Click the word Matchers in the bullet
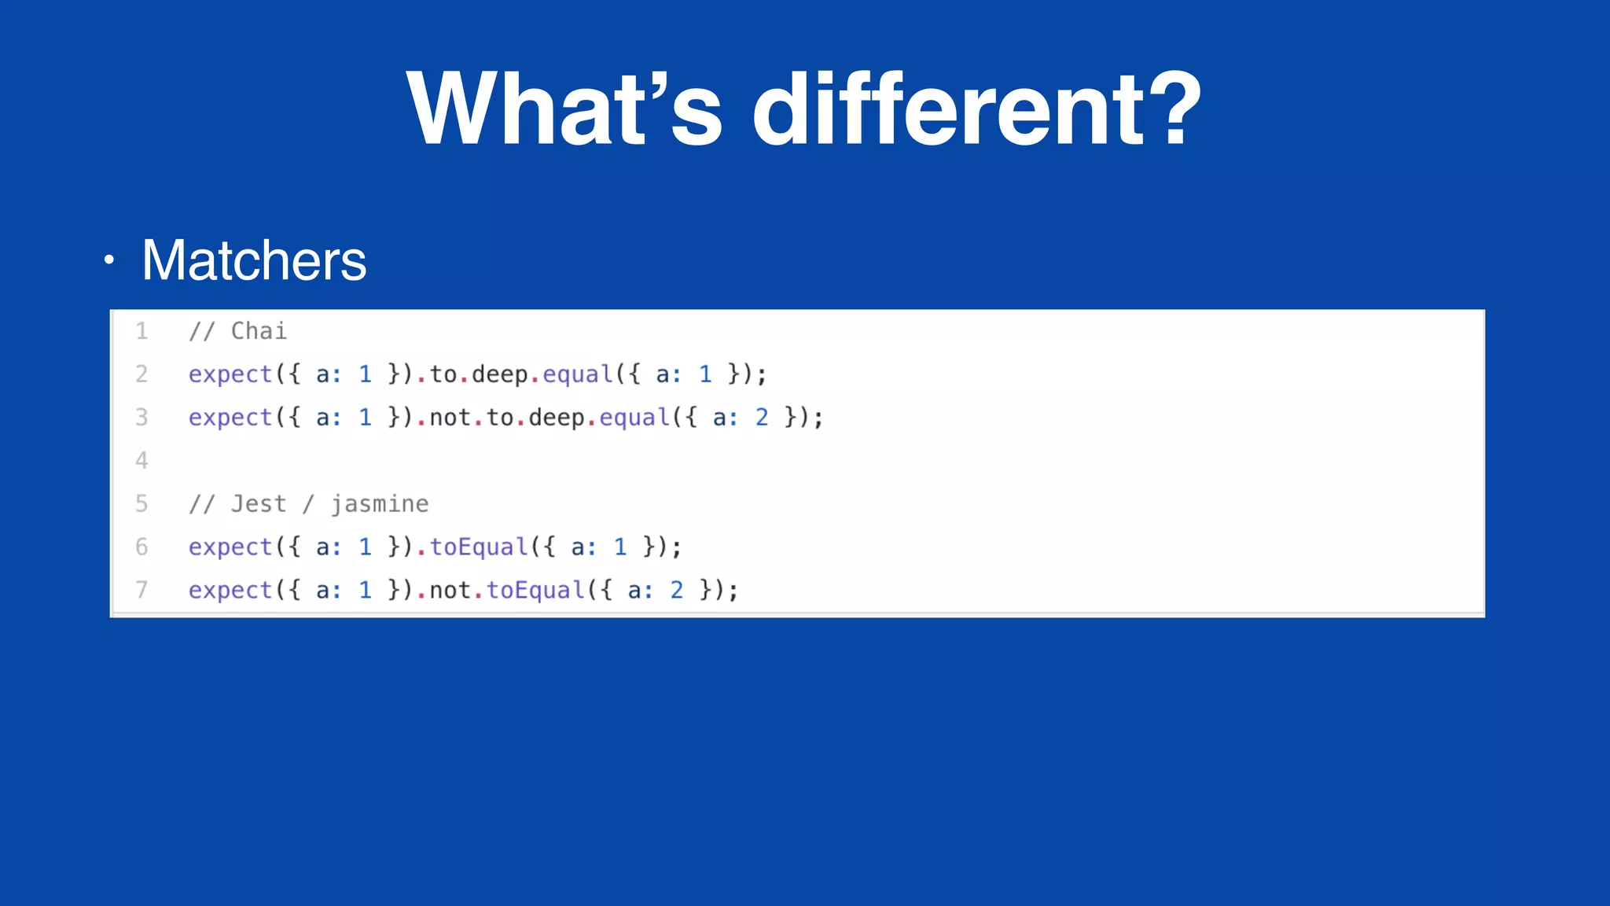click(x=254, y=260)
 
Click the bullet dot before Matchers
click(x=109, y=260)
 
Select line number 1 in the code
click(x=142, y=331)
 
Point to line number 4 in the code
click(x=142, y=460)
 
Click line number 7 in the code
click(x=142, y=590)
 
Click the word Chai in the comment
click(x=259, y=331)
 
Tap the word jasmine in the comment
click(x=380, y=504)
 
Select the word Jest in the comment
click(x=259, y=504)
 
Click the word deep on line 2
click(x=499, y=374)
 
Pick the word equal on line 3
click(x=634, y=418)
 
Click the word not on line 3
click(x=450, y=418)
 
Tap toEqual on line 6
click(x=479, y=547)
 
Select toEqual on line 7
click(x=535, y=591)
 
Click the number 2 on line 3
click(x=762, y=418)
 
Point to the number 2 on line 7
click(x=677, y=591)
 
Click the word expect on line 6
click(x=230, y=547)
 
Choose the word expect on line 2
click(x=230, y=374)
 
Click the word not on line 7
click(x=450, y=591)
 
